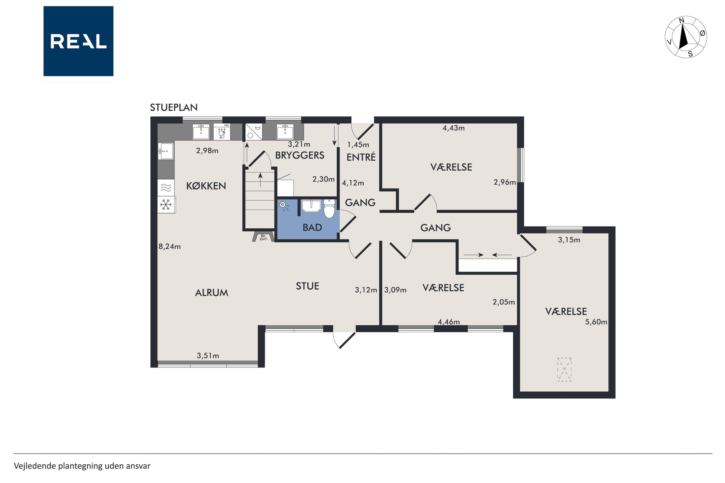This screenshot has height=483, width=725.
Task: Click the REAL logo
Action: pos(78,41)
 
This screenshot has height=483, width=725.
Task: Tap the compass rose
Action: pos(686,37)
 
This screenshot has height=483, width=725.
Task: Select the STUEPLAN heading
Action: pos(174,107)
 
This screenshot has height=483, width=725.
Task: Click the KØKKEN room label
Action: pos(206,186)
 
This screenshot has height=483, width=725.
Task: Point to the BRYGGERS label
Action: pos(300,155)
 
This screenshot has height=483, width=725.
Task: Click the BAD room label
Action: pos(312,227)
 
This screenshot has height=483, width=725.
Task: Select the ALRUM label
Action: pos(211,293)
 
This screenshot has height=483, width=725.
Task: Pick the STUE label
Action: pos(307,286)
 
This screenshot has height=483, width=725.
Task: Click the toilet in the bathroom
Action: pos(329,209)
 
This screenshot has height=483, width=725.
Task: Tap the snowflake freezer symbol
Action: pos(166,205)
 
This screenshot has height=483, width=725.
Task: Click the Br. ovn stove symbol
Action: pos(263,237)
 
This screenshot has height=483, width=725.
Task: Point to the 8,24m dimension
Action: pos(170,246)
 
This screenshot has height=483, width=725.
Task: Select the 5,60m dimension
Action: pos(596,322)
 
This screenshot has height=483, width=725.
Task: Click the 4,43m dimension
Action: pos(453,128)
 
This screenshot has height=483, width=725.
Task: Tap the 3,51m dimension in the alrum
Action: pos(208,356)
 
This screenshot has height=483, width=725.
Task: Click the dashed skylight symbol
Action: pos(564,370)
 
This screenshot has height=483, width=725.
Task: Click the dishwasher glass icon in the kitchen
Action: pos(222,132)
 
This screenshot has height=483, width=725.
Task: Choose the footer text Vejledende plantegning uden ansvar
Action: pos(82,466)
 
